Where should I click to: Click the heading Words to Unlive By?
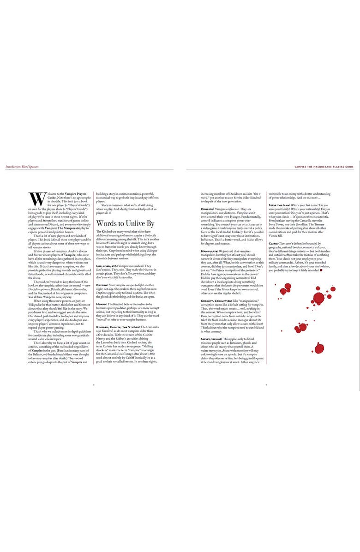(x=125, y=223)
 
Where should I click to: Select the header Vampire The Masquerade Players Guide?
(x=324, y=167)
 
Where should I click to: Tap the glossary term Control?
(x=207, y=209)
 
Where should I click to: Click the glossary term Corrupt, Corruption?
(x=220, y=300)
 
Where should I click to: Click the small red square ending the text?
(x=321, y=270)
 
